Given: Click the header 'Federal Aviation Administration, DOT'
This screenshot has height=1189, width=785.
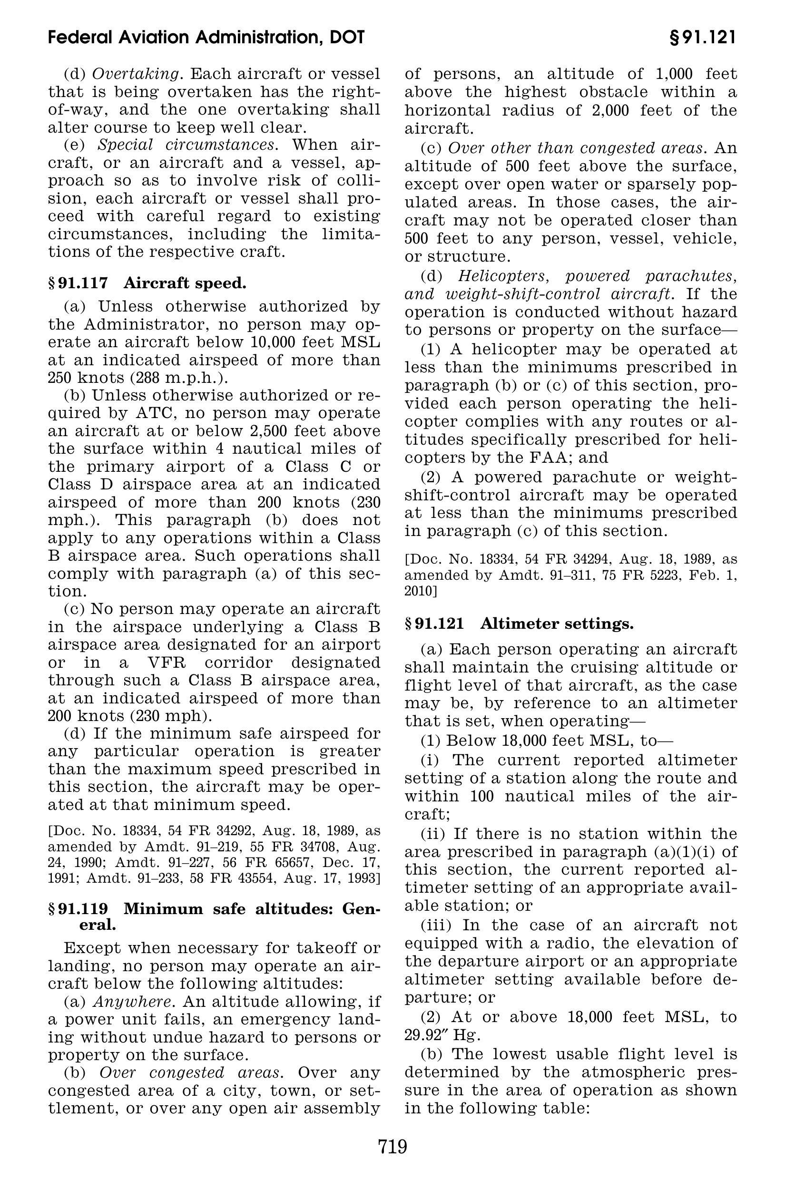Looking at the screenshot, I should [206, 38].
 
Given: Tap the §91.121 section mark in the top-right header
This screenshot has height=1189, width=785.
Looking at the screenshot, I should [703, 38].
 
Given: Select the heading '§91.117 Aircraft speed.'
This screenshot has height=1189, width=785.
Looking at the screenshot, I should [147, 283].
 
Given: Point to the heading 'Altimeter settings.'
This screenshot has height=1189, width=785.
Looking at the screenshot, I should [557, 624].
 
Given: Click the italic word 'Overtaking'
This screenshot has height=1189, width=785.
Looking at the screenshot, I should [136, 74].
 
